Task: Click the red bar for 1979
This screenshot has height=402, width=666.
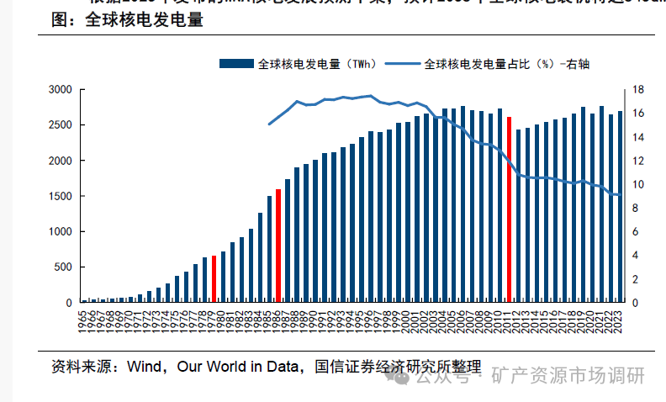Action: click(x=214, y=278)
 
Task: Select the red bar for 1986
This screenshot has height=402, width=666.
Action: click(x=278, y=246)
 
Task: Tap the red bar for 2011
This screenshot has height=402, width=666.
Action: click(x=510, y=209)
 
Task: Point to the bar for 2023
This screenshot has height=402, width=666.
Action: click(x=621, y=206)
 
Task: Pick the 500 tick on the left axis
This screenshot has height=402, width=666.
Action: click(x=62, y=267)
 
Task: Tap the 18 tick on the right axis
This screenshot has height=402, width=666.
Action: click(x=638, y=89)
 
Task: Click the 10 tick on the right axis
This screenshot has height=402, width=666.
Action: click(x=638, y=184)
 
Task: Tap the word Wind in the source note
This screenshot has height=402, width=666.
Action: click(x=144, y=367)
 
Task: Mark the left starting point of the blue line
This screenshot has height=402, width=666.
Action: click(x=269, y=124)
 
